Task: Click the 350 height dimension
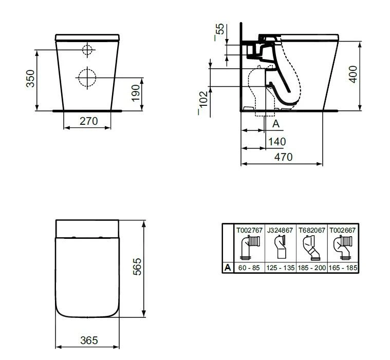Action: coord(30,79)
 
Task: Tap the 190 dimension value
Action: coord(136,93)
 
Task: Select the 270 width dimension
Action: coord(87,121)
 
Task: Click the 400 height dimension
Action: coord(352,74)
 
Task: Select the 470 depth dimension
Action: coord(283,157)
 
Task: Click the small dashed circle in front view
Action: coord(87,50)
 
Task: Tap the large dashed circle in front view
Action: coord(87,78)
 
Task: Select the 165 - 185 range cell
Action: coord(343,268)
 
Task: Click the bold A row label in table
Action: coord(227,268)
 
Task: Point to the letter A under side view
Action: coord(275,124)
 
